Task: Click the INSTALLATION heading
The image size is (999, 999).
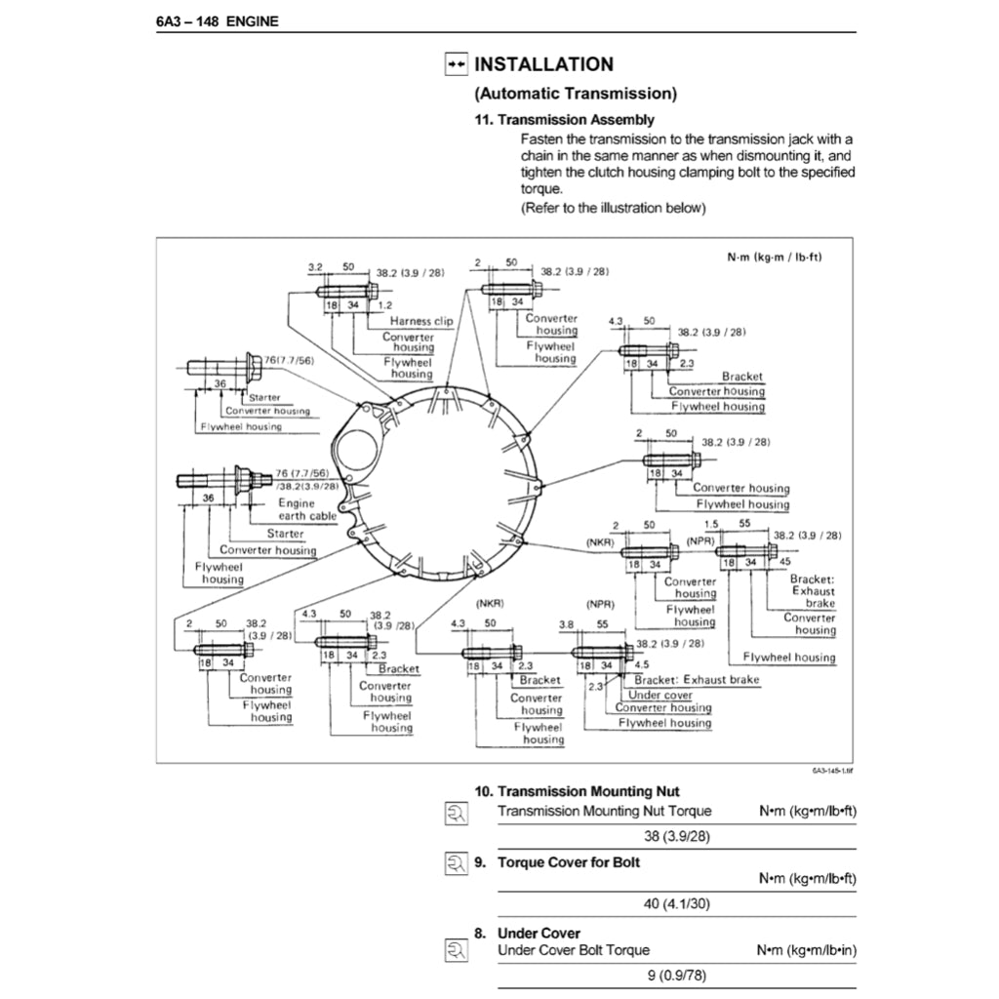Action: (x=543, y=64)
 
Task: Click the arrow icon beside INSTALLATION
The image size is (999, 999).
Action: (x=456, y=64)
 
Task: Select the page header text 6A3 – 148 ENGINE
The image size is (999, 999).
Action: (x=217, y=20)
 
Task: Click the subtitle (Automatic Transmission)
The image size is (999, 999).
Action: (x=576, y=94)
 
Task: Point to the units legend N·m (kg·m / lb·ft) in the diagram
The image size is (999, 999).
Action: (x=775, y=258)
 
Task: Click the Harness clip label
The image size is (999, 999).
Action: (x=421, y=321)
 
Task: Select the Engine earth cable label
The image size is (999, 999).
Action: (x=307, y=509)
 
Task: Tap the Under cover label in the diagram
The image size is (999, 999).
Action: (x=660, y=695)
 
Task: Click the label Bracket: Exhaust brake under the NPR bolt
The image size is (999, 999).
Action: (x=697, y=680)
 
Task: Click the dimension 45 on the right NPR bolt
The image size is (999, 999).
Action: (x=785, y=563)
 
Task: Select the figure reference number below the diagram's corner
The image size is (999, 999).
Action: (x=831, y=770)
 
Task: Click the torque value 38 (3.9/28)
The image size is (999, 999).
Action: (x=677, y=836)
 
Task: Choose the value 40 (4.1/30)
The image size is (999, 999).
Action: (x=677, y=904)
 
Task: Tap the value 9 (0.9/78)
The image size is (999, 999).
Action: (x=677, y=975)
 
